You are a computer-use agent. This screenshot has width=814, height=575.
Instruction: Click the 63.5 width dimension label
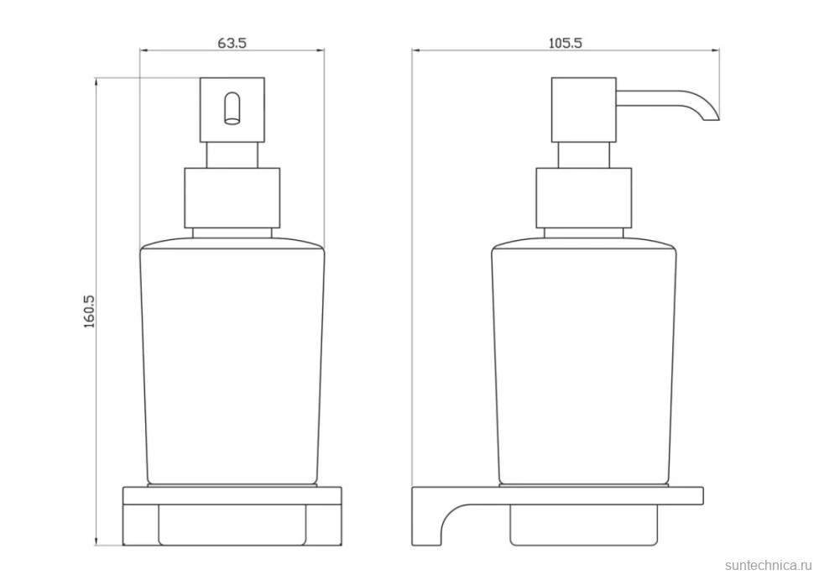pos(232,43)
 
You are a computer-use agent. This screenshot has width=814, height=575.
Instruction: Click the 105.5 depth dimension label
pos(566,43)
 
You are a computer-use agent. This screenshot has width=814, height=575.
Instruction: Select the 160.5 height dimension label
pos(89,311)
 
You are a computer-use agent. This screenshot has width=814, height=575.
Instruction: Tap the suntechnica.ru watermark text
pos(768,565)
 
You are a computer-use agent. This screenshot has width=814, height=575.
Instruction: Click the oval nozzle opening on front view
pos(232,108)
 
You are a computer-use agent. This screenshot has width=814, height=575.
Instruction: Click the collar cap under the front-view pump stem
pos(232,198)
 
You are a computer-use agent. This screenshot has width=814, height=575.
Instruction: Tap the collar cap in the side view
pos(583,198)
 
